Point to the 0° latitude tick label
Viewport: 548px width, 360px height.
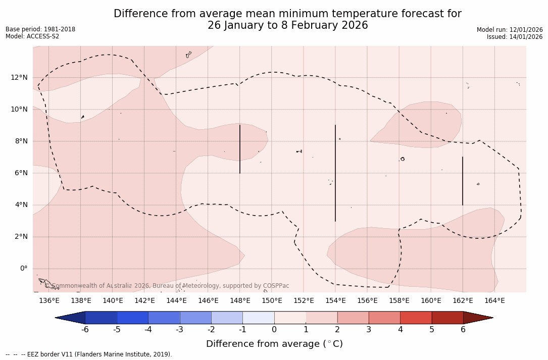click(23, 269)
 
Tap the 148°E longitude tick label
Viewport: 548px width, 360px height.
click(240, 301)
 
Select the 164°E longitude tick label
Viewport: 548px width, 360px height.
click(494, 301)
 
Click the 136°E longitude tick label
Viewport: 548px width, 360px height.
click(49, 301)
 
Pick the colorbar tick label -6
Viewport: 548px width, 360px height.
click(85, 330)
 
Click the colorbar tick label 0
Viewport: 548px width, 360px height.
click(274, 330)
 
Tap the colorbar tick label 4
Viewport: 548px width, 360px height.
click(400, 330)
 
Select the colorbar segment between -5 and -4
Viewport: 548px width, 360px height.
click(133, 318)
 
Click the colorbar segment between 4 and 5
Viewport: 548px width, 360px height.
click(416, 318)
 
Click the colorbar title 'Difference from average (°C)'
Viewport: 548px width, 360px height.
click(274, 344)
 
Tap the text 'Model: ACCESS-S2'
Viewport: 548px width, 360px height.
click(32, 36)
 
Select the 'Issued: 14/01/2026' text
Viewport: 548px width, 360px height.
click(515, 37)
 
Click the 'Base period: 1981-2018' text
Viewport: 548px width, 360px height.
click(40, 29)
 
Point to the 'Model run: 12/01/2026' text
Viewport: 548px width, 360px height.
click(510, 30)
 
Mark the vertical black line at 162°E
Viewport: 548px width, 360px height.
click(463, 181)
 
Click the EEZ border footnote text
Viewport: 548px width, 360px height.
click(89, 354)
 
